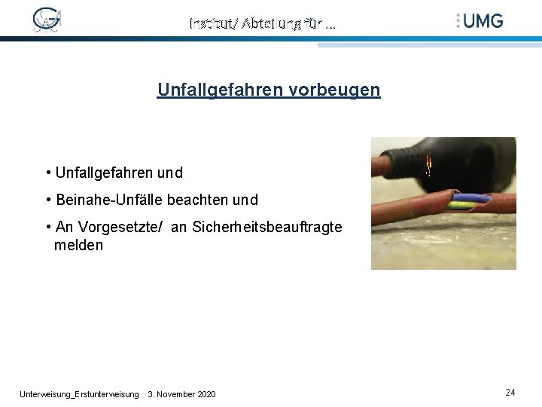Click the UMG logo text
[483, 20]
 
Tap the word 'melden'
[78, 246]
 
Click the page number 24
[510, 393]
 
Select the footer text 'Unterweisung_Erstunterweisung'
[79, 394]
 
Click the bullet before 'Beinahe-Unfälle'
[48, 200]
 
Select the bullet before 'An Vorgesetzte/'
[48, 227]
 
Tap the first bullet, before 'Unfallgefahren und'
[48, 173]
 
